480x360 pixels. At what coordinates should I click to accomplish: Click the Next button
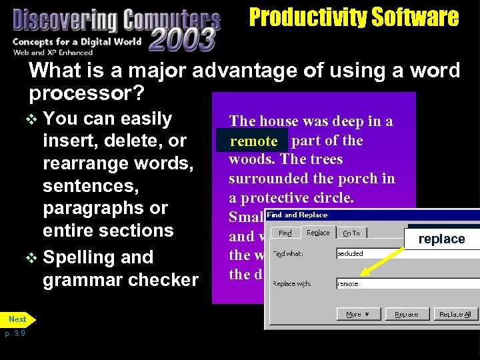17,319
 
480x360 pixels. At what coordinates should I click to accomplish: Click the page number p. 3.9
15,333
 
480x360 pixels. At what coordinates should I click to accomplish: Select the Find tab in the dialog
285,233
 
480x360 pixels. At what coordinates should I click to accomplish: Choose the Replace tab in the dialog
318,233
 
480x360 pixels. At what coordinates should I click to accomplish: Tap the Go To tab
351,233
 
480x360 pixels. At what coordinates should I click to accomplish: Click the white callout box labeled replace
441,239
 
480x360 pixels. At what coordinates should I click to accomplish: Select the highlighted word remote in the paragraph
253,141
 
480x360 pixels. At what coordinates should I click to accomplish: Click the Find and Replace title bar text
297,215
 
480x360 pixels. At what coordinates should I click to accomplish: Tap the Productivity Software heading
353,17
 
